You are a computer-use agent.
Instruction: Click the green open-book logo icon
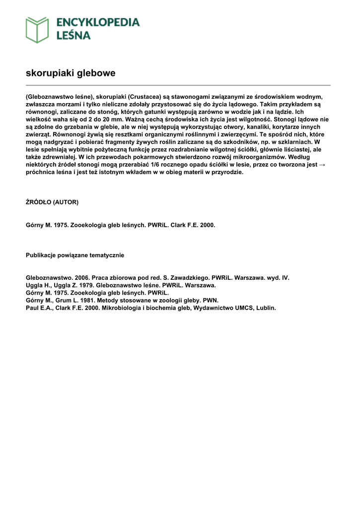click(37, 29)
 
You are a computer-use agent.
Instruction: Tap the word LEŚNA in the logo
click(72, 36)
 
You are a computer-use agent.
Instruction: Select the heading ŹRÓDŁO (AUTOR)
click(52, 202)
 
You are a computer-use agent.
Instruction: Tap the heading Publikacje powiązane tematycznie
click(75, 255)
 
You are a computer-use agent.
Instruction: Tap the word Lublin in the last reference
click(265, 308)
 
